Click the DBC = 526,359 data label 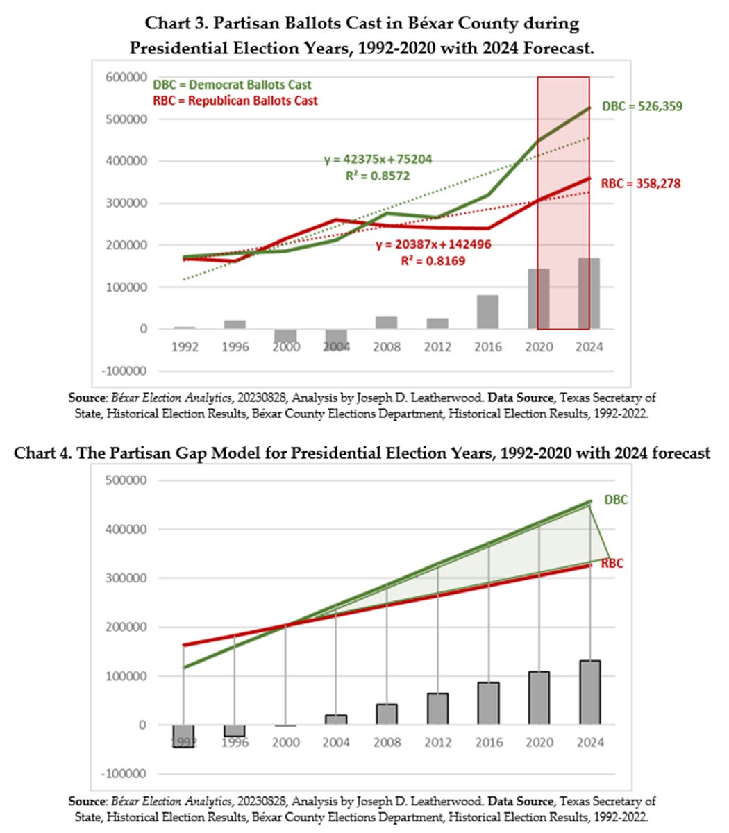642,107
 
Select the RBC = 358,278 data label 640,184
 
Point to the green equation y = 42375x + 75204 378,160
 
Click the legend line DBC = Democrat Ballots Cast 232,85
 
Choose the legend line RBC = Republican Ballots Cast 235,101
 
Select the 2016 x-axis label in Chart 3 487,346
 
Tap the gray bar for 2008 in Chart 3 386,322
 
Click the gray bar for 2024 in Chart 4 589,692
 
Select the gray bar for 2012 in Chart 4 437,708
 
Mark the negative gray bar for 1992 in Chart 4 183,736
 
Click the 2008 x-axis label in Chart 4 386,742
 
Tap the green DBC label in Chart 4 615,500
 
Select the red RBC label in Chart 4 612,564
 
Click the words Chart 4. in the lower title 43,453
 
